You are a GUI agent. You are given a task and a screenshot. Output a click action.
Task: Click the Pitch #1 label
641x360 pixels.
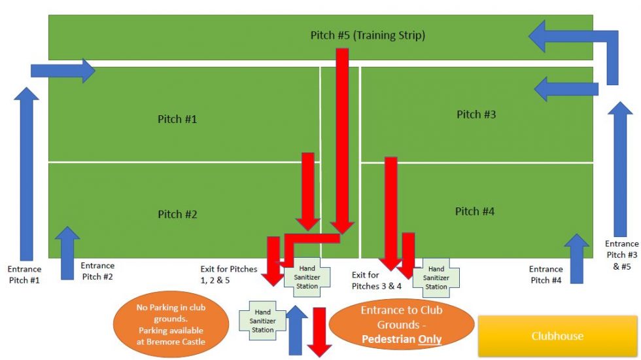point(177,119)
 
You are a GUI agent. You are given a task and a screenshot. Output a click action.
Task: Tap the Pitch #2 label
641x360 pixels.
point(177,214)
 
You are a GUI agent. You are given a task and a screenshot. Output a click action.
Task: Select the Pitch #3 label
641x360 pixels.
point(476,115)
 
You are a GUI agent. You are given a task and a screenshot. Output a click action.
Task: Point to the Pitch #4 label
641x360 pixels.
point(475,211)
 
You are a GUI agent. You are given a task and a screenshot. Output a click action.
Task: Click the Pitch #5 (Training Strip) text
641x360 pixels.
point(368,35)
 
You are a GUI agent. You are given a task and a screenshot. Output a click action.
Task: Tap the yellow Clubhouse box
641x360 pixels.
point(557,336)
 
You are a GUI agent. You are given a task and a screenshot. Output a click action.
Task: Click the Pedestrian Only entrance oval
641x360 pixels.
point(400,324)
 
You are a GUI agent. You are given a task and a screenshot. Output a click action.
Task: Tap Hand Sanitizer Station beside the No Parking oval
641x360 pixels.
point(263,321)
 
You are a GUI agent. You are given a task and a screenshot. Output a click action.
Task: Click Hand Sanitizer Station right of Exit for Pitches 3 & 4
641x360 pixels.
point(436,278)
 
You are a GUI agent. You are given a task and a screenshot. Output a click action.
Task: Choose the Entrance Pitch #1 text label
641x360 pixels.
point(24,274)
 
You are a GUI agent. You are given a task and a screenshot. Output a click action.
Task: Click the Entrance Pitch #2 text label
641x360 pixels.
point(97,271)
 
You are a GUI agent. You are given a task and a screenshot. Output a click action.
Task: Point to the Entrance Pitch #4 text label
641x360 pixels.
point(546,274)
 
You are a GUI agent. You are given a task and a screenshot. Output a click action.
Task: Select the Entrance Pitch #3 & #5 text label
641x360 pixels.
point(621,255)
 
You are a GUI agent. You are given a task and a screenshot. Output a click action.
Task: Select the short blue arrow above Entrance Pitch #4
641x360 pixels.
point(576,259)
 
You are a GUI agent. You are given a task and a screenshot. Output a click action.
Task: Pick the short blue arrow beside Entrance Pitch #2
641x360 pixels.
point(67,253)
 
